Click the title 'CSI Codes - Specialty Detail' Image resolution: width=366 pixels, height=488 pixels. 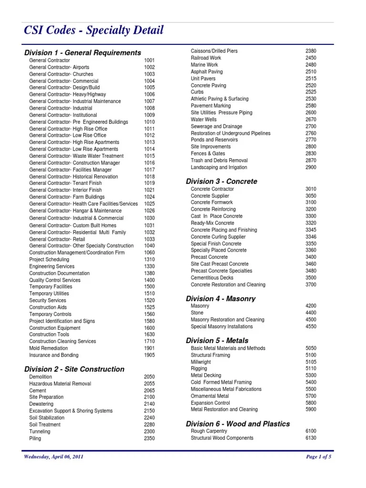[x=94, y=30]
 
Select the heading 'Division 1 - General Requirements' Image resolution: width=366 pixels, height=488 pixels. [x=82, y=52]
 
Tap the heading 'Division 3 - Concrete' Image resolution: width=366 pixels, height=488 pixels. [x=221, y=181]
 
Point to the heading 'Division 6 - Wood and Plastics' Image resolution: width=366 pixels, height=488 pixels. [x=237, y=424]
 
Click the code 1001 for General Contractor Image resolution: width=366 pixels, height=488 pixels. [x=149, y=61]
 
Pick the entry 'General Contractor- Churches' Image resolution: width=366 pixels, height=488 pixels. [x=61, y=74]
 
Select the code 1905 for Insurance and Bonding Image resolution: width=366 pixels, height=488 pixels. [x=149, y=355]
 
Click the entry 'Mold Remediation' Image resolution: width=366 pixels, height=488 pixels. [x=48, y=348]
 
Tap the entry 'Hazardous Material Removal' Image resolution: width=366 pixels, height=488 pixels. [x=60, y=384]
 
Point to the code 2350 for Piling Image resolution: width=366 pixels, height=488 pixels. [x=149, y=438]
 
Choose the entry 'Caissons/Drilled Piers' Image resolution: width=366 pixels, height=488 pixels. [x=214, y=51]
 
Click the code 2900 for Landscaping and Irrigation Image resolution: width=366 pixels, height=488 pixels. [x=311, y=168]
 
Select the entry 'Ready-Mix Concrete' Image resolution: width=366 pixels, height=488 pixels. [x=213, y=223]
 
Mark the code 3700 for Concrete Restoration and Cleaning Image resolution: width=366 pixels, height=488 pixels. [x=311, y=285]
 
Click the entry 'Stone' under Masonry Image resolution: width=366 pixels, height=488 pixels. [x=197, y=313]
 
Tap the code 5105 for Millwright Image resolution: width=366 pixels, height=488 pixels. [x=311, y=362]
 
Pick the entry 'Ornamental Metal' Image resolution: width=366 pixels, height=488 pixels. [x=210, y=396]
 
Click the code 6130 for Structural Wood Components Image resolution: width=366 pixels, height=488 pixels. [x=311, y=438]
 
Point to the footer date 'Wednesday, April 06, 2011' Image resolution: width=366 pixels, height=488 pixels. [x=54, y=457]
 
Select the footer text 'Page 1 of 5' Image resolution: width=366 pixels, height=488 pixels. [x=318, y=457]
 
